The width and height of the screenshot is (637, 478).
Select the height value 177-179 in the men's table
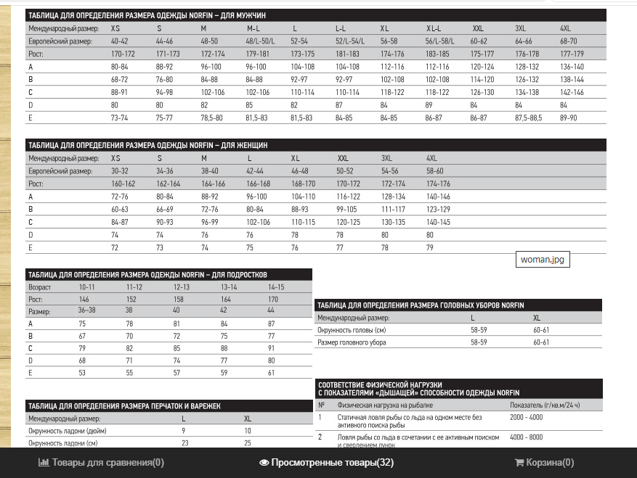click(x=572, y=54)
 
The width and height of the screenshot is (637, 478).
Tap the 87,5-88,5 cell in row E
click(x=527, y=117)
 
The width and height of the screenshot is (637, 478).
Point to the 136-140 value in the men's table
click(x=572, y=67)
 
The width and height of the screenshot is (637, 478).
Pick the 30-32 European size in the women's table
click(x=120, y=171)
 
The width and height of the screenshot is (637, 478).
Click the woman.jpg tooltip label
click(x=542, y=259)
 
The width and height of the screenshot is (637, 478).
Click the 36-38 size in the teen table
click(x=86, y=310)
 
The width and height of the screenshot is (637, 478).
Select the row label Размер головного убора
click(x=352, y=342)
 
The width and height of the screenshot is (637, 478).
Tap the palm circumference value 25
click(x=248, y=442)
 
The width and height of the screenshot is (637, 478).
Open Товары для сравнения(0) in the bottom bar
click(x=101, y=462)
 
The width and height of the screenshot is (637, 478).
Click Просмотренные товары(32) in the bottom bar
click(x=326, y=462)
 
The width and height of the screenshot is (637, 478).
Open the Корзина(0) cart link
click(x=544, y=462)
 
